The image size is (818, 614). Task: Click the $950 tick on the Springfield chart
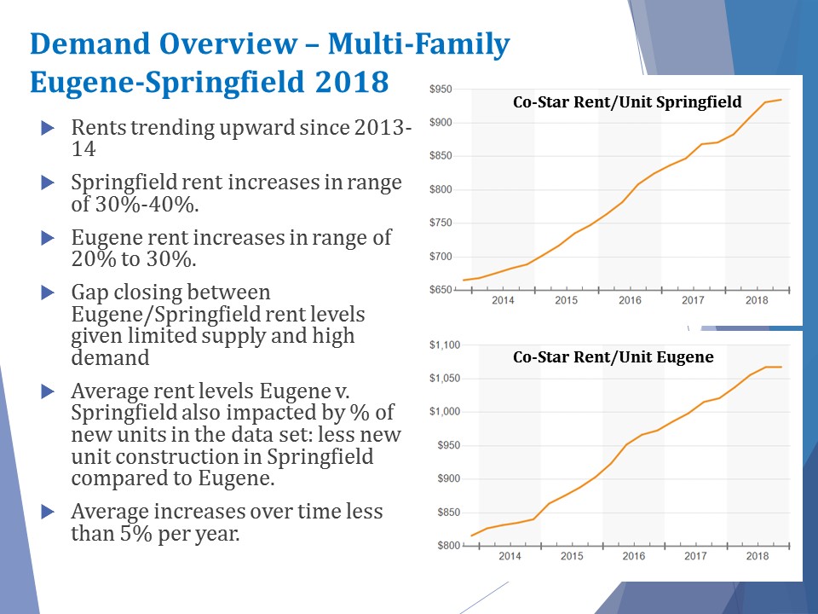(441, 90)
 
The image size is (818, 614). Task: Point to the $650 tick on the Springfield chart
(441, 291)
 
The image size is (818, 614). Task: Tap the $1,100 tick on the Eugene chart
(443, 345)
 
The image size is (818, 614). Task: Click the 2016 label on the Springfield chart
(630, 300)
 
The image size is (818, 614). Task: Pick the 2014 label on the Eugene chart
(510, 556)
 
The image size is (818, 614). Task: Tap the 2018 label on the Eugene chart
(757, 556)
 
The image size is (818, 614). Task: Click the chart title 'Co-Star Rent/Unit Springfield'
(627, 102)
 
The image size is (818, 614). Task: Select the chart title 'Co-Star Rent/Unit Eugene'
(613, 358)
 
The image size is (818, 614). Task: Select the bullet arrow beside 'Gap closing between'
(47, 293)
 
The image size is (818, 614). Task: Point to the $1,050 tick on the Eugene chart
(443, 379)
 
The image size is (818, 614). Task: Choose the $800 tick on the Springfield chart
(441, 190)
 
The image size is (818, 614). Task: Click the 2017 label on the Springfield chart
(693, 300)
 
